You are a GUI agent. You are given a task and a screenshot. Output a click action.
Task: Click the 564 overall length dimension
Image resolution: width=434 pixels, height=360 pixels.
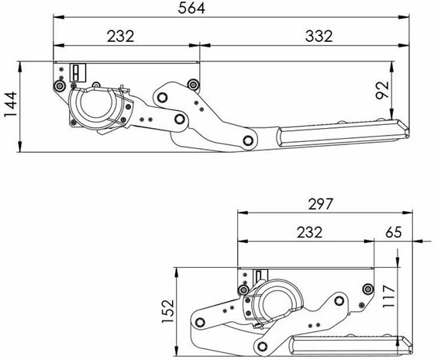click(191, 8)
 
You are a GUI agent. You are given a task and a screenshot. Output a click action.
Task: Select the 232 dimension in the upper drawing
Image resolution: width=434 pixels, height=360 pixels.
click(121, 36)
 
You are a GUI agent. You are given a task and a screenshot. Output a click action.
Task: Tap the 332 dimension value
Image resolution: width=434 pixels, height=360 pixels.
click(319, 36)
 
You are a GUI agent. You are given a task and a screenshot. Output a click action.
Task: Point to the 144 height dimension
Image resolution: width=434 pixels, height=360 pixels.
click(11, 105)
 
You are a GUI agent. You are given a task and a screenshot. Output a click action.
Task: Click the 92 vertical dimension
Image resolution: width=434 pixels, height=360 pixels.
click(382, 90)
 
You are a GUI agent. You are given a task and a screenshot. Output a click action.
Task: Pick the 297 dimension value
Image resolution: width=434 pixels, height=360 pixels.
click(320, 204)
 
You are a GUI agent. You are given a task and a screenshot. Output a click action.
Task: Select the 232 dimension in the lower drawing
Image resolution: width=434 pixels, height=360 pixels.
click(310, 232)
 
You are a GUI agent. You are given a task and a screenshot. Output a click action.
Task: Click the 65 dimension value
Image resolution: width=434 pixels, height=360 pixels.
click(394, 232)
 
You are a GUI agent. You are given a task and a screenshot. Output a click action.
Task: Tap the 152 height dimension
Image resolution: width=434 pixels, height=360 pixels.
click(167, 311)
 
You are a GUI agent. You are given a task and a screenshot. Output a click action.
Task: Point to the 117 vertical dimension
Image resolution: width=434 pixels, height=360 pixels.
click(388, 296)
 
